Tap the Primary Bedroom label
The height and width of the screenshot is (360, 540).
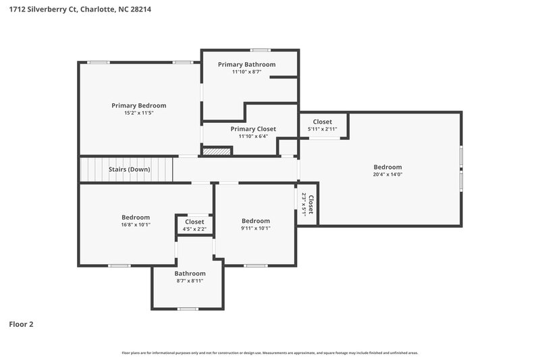(138, 105)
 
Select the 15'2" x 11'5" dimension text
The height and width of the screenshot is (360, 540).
(138, 113)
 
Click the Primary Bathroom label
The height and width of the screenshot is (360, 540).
(246, 64)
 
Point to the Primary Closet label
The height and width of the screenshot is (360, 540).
(253, 128)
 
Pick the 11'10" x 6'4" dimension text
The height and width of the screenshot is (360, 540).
(253, 136)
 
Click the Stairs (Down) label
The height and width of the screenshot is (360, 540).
(129, 170)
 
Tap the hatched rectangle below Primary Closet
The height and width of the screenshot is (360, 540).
(217, 151)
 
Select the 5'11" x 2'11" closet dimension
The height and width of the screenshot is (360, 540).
(322, 129)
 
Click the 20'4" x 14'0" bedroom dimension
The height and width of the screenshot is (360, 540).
(387, 174)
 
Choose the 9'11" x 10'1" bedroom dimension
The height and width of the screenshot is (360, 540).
(255, 228)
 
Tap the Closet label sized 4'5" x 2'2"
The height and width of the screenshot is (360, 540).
(194, 222)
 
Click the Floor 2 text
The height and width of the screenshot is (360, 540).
(21, 324)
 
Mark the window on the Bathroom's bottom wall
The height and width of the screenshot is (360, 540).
(187, 309)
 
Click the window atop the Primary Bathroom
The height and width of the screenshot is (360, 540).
(261, 50)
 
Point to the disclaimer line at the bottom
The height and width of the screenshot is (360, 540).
(269, 353)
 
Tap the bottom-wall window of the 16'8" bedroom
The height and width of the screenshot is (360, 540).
(119, 265)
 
